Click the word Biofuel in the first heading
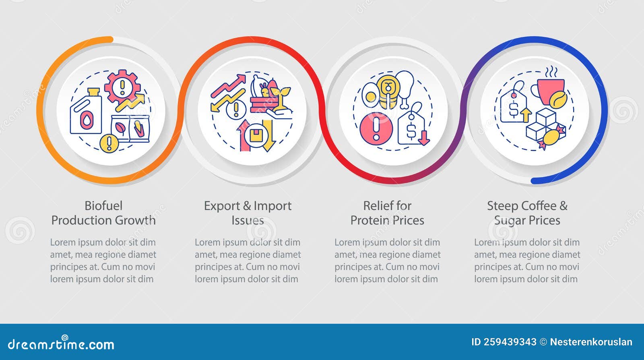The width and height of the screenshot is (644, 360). click(103, 206)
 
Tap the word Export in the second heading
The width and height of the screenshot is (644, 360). click(222, 206)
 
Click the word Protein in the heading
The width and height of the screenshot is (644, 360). click(368, 220)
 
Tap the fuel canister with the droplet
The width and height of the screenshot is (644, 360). click(86, 112)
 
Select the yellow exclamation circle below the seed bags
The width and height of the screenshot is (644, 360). click(109, 143)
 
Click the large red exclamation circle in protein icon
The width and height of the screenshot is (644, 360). click(376, 129)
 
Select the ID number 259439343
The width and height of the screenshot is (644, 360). click(510, 342)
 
